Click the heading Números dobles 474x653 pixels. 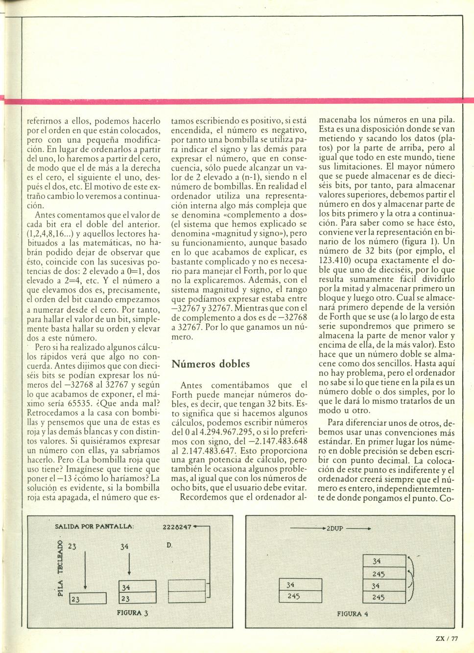pos(211,364)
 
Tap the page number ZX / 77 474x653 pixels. pos(447,638)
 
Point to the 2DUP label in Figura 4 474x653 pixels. pos(335,529)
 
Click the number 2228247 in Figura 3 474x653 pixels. pos(177,528)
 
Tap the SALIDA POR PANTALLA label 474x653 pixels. pos(94,527)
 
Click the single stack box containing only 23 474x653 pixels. pos(88,599)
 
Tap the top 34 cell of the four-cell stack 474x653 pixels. pos(384,561)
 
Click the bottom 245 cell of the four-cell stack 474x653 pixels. pos(384,597)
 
